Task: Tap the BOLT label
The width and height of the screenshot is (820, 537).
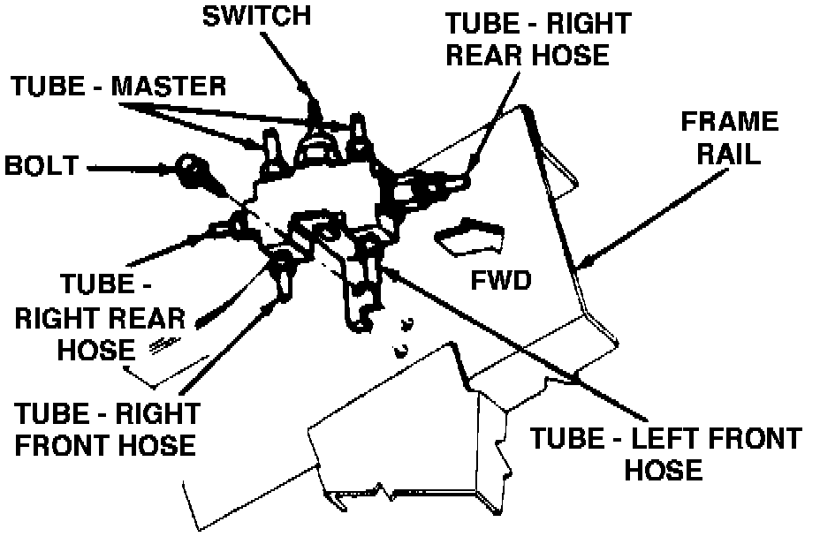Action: pyautogui.click(x=42, y=165)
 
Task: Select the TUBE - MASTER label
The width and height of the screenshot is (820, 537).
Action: pyautogui.click(x=118, y=87)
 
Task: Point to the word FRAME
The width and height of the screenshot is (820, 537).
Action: pyautogui.click(x=731, y=121)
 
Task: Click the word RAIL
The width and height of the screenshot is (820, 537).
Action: pyautogui.click(x=730, y=155)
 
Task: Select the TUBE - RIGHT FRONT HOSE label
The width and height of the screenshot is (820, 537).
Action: pyautogui.click(x=107, y=427)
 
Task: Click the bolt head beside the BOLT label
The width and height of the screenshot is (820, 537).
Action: pyautogui.click(x=189, y=166)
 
